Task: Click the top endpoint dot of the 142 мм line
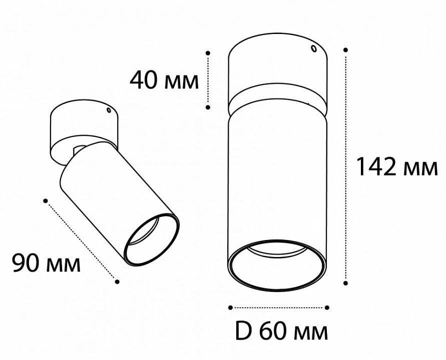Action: click(x=346, y=49)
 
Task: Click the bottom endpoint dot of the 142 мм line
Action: click(x=346, y=283)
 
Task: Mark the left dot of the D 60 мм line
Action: click(x=231, y=307)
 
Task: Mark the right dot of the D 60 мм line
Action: click(x=326, y=307)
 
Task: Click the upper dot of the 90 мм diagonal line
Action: click(x=46, y=200)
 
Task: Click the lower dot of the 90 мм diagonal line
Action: click(x=117, y=281)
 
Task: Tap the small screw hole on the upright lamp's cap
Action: click(x=313, y=49)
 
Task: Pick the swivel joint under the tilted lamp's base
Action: click(x=79, y=149)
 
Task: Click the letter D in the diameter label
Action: click(x=242, y=330)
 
